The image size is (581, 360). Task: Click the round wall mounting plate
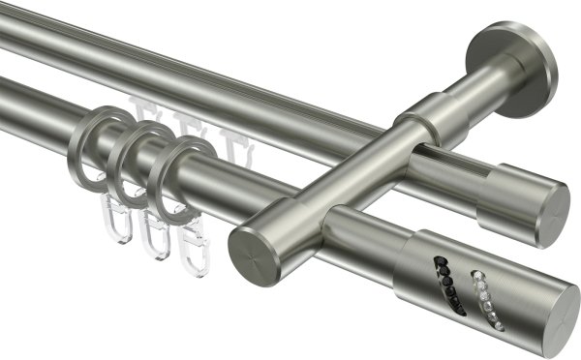tap(512, 69)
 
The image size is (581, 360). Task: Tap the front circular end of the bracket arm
tap(255, 254)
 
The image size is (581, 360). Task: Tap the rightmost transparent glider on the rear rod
tap(229, 135)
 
